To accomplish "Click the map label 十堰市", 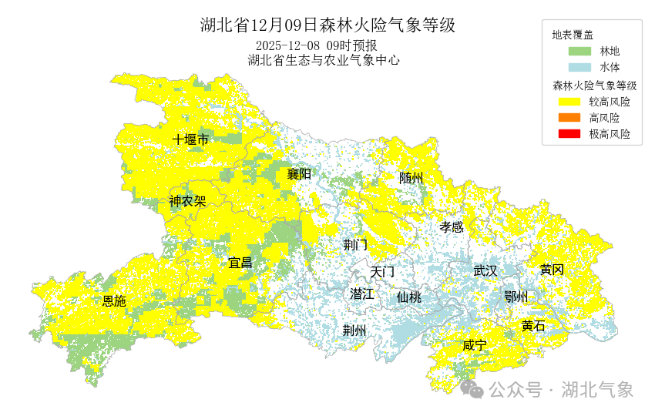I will (190, 139).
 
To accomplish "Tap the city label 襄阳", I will (299, 174).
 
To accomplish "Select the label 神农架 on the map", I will (187, 202).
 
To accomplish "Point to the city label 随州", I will (411, 178).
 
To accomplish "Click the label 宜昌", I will (240, 263).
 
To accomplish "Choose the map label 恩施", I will (114, 300).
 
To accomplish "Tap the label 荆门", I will (355, 245).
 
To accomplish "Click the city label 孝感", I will (452, 226).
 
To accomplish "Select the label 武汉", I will (485, 270).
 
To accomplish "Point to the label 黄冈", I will (552, 270).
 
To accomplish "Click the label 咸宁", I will (475, 345).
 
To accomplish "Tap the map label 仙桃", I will (409, 297).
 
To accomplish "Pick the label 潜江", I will (361, 294).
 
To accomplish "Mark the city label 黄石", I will (533, 326).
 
